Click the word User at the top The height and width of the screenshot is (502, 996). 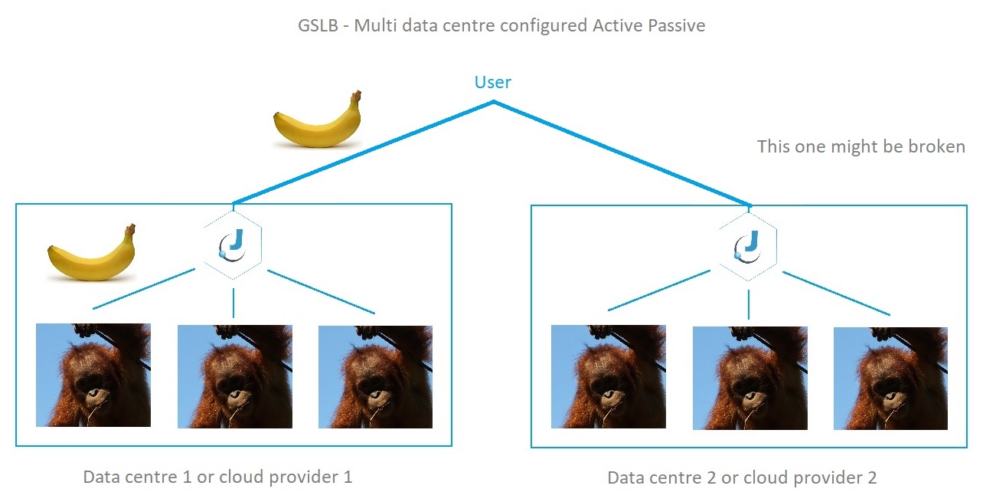493,82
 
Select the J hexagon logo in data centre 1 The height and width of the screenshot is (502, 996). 233,245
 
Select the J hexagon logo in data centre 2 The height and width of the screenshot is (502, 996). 748,247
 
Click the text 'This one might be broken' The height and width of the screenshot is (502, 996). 861,146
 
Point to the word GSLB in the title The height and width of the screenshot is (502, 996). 318,25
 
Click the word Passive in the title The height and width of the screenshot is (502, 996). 676,25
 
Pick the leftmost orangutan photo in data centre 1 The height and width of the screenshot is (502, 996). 93,376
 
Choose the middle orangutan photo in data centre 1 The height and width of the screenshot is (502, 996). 235,376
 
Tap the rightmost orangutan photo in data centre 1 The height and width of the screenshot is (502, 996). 375,377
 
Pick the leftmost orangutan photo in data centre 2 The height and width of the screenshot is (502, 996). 609,376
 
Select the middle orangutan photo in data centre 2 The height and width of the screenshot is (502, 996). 749,378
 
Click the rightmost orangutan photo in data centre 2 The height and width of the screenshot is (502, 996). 890,379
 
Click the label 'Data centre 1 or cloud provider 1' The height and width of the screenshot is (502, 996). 218,477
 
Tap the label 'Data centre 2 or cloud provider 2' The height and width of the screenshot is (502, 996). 742,478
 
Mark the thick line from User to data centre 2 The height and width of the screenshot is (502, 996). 622,154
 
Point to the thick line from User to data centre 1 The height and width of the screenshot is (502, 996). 364,153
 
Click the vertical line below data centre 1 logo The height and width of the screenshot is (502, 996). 233,303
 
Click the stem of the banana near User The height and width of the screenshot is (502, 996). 356,95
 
